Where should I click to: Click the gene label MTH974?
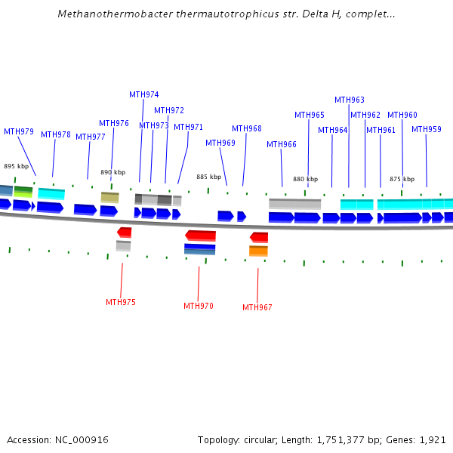pyautogui.click(x=143, y=95)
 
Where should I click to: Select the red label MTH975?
pyautogui.click(x=121, y=302)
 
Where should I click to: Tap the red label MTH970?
pyautogui.click(x=199, y=307)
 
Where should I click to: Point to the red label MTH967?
pyautogui.click(x=257, y=308)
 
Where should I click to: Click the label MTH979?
pyautogui.click(x=19, y=132)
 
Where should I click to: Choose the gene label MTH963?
pyautogui.click(x=350, y=100)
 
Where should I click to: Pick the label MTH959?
pyautogui.click(x=427, y=130)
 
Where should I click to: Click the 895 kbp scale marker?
pyautogui.click(x=16, y=166)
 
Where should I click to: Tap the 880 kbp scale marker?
pyautogui.click(x=305, y=179)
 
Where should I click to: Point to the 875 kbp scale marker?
pyautogui.click(x=402, y=179)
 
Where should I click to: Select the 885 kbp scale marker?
pyautogui.click(x=208, y=177)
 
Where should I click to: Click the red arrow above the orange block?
pyautogui.click(x=259, y=237)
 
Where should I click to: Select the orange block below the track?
pyautogui.click(x=258, y=251)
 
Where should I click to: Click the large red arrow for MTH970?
pyautogui.click(x=201, y=236)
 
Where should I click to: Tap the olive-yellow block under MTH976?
pyautogui.click(x=110, y=197)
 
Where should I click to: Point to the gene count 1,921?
pyautogui.click(x=433, y=439)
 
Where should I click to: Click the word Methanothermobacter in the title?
pyautogui.click(x=104, y=14)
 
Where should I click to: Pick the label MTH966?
pyautogui.click(x=282, y=145)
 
